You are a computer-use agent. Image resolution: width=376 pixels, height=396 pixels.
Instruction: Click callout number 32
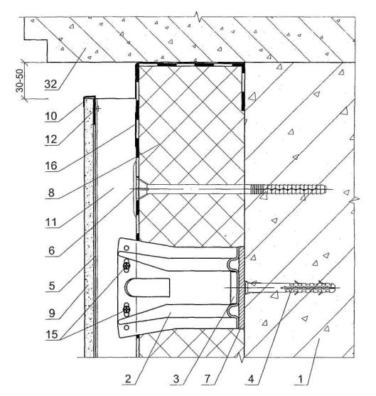50,84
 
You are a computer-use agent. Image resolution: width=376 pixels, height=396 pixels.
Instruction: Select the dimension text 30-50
20,80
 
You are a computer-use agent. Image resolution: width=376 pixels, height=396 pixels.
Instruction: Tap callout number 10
51,116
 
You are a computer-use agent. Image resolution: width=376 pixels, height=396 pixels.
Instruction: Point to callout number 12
51,139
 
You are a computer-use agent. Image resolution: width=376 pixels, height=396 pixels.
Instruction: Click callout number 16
51,166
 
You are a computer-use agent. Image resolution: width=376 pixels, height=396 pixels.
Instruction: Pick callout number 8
51,193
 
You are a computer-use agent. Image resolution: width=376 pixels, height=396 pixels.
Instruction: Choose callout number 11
51,223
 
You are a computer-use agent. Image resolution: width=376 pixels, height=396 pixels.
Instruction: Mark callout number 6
51,250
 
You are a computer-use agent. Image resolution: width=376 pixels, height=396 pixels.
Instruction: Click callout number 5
52,286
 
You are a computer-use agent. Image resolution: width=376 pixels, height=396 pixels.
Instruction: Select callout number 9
52,313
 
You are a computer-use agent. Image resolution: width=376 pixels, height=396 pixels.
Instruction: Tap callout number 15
52,335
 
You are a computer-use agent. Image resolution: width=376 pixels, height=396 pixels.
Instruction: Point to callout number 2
128,379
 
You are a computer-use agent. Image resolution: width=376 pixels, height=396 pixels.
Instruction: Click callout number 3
176,379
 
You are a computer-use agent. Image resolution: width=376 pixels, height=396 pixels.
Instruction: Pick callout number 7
207,379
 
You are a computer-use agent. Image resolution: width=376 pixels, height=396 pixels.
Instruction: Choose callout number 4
251,379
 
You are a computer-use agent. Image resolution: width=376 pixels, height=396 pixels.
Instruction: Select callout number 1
300,379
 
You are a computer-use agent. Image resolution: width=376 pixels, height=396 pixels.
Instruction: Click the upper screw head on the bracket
127,266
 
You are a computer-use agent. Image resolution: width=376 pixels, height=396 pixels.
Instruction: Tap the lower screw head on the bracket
127,309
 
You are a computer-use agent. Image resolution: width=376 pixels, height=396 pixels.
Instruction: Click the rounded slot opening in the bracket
147,287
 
